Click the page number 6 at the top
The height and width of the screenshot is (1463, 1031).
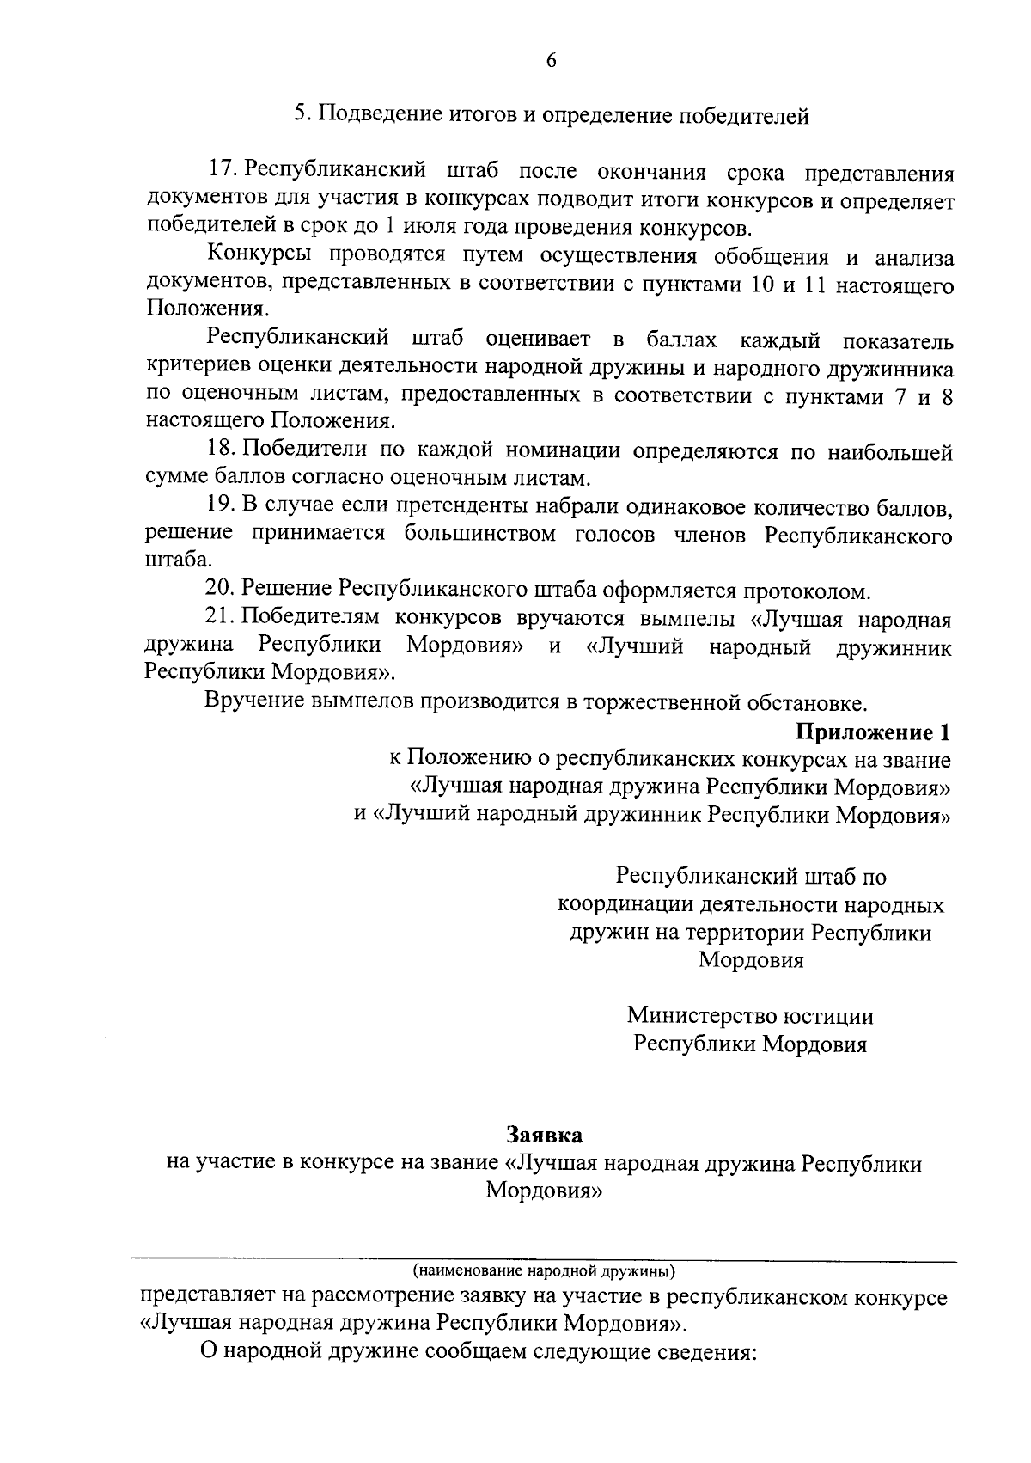pos(551,60)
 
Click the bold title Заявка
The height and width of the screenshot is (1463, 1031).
pos(545,1135)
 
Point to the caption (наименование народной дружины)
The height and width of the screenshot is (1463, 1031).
pos(545,1270)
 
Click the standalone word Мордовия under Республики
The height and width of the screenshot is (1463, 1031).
pos(751,960)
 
